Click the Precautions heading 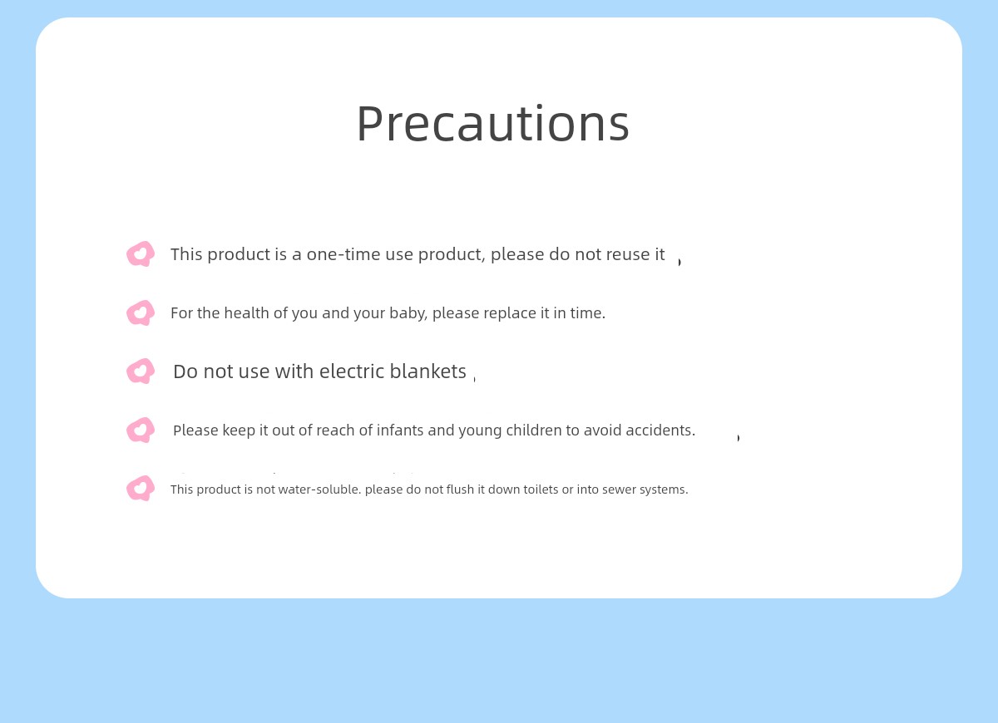coord(492,123)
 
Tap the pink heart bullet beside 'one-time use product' coord(141,253)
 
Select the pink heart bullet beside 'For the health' coord(141,312)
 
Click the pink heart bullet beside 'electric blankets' coord(141,371)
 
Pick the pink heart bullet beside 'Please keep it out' coord(141,430)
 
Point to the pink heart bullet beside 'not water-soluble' coord(141,489)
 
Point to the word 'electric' coord(352,371)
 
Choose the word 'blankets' coord(427,371)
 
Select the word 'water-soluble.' coord(319,489)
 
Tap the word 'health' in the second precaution coord(246,313)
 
